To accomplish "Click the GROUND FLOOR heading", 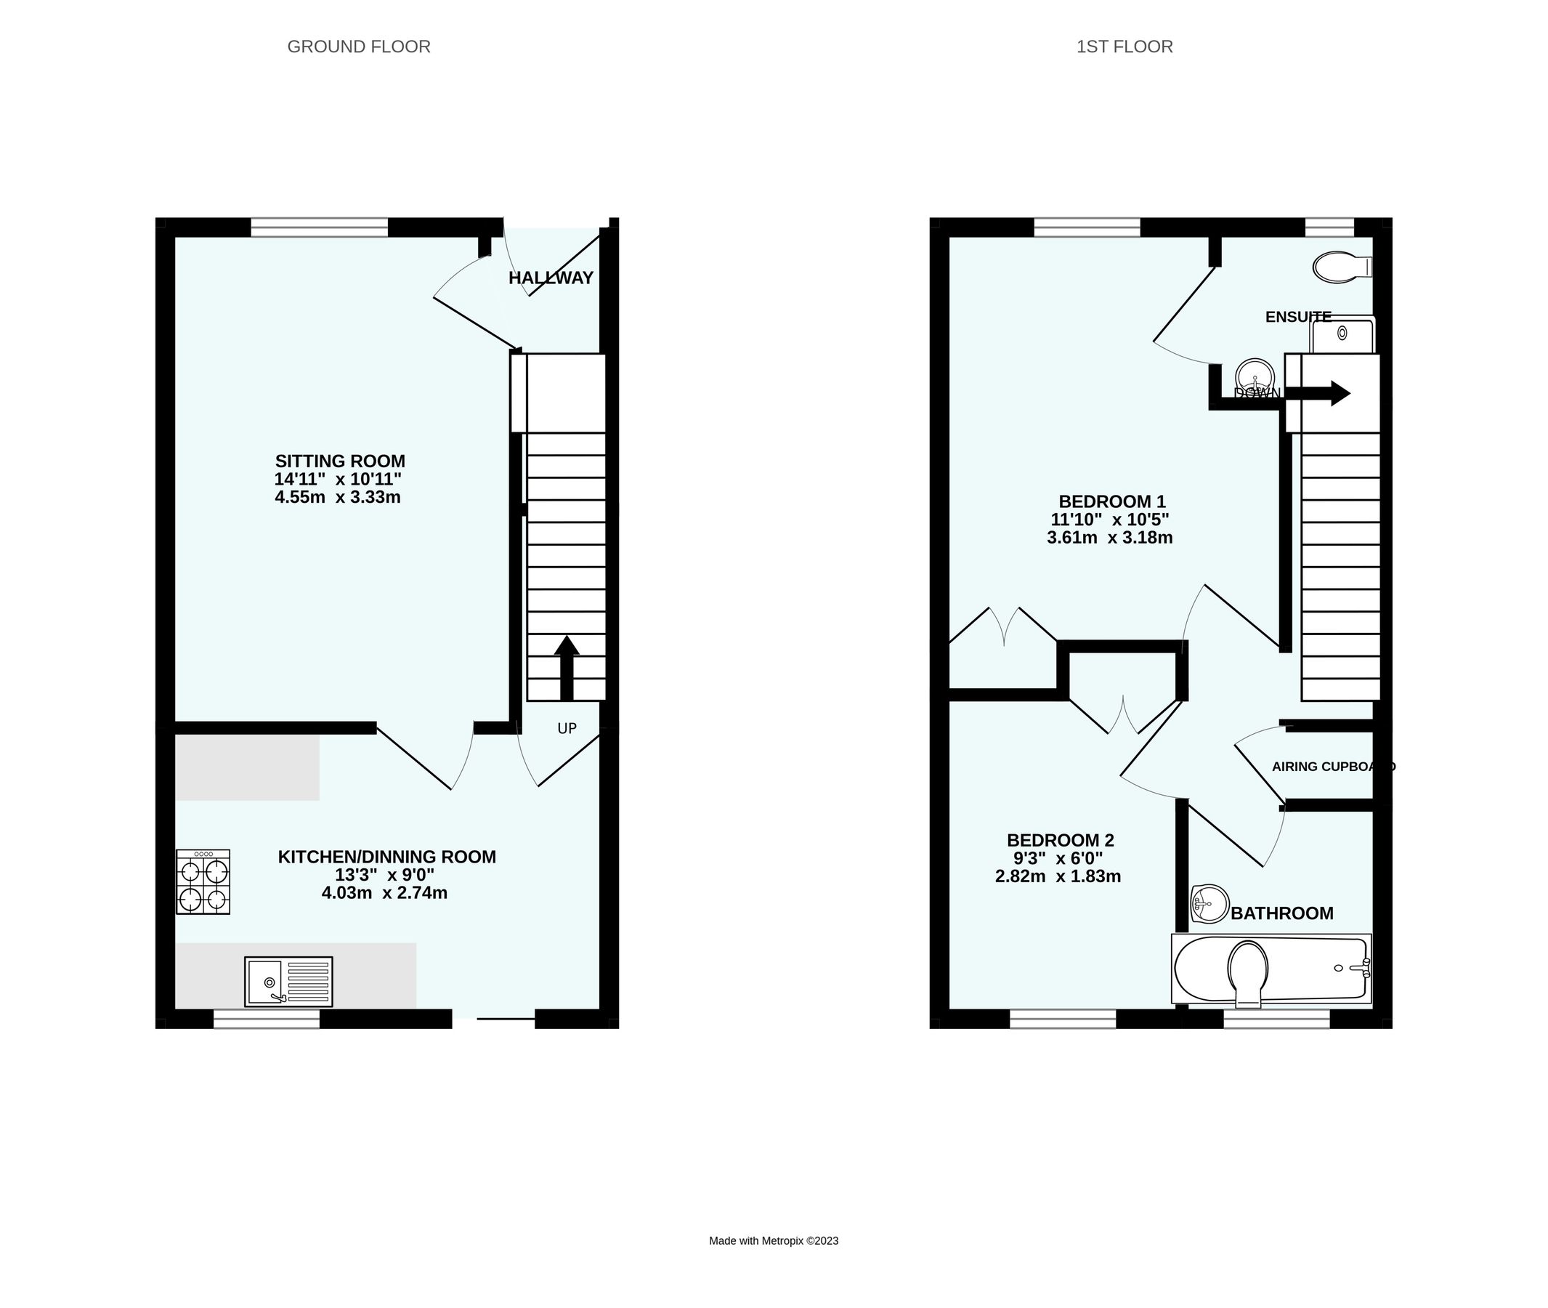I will coord(358,47).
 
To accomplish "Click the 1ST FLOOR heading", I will coord(1124,47).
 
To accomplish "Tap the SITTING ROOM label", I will coord(340,461).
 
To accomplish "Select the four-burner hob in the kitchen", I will coord(203,881).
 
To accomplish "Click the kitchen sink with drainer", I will coord(288,981).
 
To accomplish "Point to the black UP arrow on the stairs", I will coord(567,666).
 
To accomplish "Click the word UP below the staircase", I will coord(567,728).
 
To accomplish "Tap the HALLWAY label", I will coord(551,278).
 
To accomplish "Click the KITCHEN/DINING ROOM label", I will coord(386,857).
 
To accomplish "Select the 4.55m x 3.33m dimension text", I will coord(337,498).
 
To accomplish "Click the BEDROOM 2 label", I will coord(1060,840).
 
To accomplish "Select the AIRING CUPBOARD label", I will coord(1332,767).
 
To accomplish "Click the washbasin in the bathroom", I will coord(1209,904).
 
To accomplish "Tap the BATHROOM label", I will coord(1282,913).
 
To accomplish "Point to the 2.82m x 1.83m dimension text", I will coord(1057,876).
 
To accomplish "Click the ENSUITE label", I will coord(1297,318).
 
